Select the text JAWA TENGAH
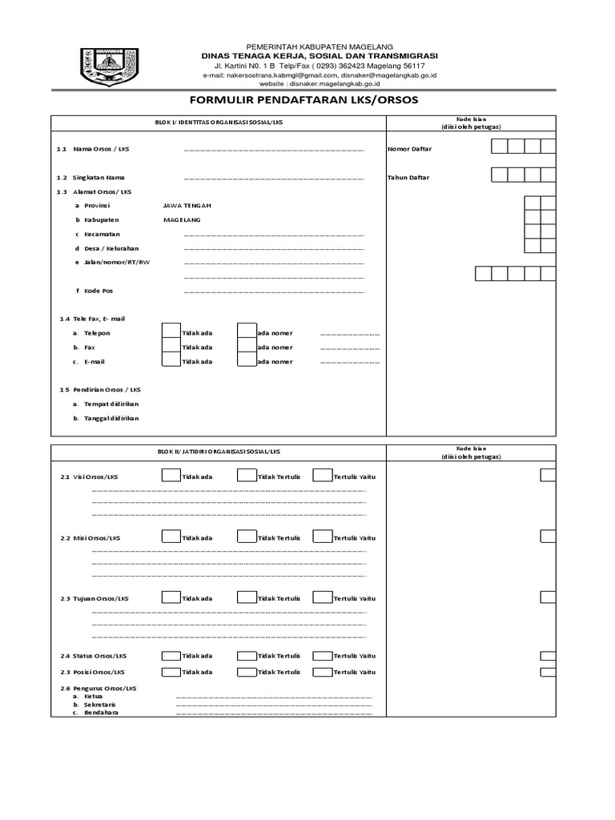(x=187, y=205)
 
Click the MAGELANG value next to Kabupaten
(x=182, y=219)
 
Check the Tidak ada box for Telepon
(x=171, y=332)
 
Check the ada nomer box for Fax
(x=246, y=347)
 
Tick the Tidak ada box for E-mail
(x=171, y=361)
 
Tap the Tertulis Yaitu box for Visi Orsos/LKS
(x=322, y=476)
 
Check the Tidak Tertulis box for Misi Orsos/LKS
(x=246, y=537)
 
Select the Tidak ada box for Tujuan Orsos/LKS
(x=171, y=598)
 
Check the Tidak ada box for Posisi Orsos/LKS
(x=171, y=672)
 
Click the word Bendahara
(x=101, y=712)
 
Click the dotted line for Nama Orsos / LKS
(x=274, y=150)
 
